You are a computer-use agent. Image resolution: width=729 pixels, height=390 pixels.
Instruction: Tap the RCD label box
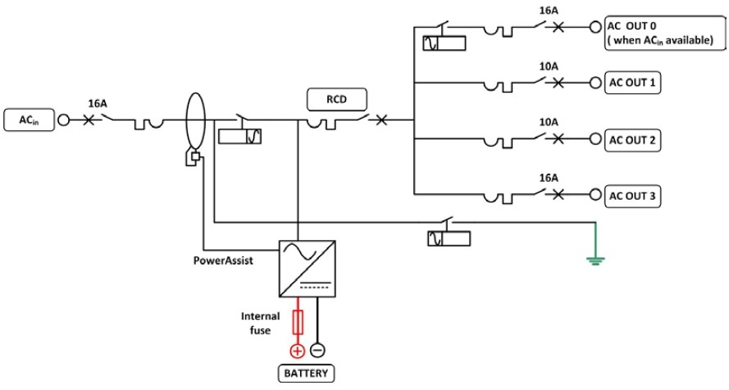click(x=336, y=101)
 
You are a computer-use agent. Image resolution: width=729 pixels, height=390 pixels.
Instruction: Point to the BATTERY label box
click(x=305, y=374)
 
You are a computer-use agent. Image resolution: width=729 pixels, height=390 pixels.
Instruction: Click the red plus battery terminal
click(x=296, y=351)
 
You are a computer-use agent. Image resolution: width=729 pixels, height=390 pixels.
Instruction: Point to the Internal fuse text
click(x=261, y=323)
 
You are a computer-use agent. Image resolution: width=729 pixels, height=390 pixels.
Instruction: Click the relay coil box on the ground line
click(x=448, y=238)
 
